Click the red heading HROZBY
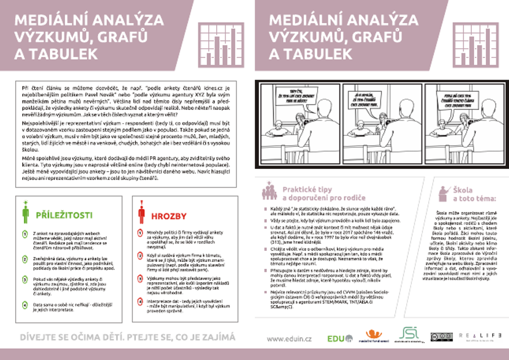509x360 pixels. coord(169,216)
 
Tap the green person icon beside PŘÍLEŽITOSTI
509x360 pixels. coord(26,214)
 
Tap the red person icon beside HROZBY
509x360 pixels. coord(141,214)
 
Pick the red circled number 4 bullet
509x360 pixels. coord(141,301)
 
